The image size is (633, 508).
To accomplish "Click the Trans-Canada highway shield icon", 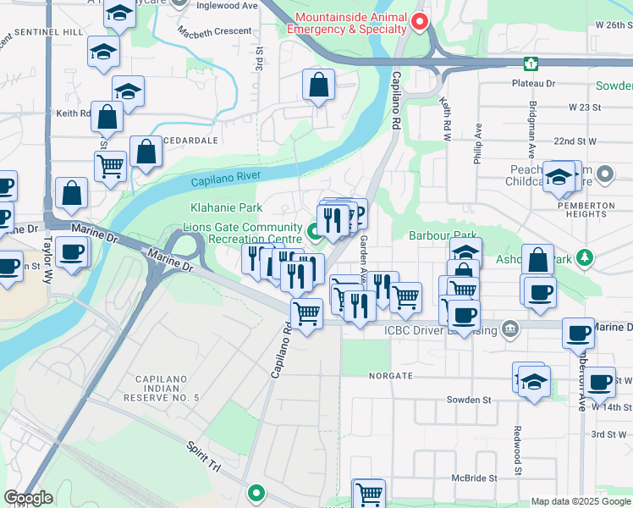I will point(531,63).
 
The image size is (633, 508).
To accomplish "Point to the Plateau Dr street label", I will point(533,84).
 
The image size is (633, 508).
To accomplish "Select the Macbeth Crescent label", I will point(215,31).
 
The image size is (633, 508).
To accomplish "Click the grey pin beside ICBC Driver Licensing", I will point(509,329).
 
